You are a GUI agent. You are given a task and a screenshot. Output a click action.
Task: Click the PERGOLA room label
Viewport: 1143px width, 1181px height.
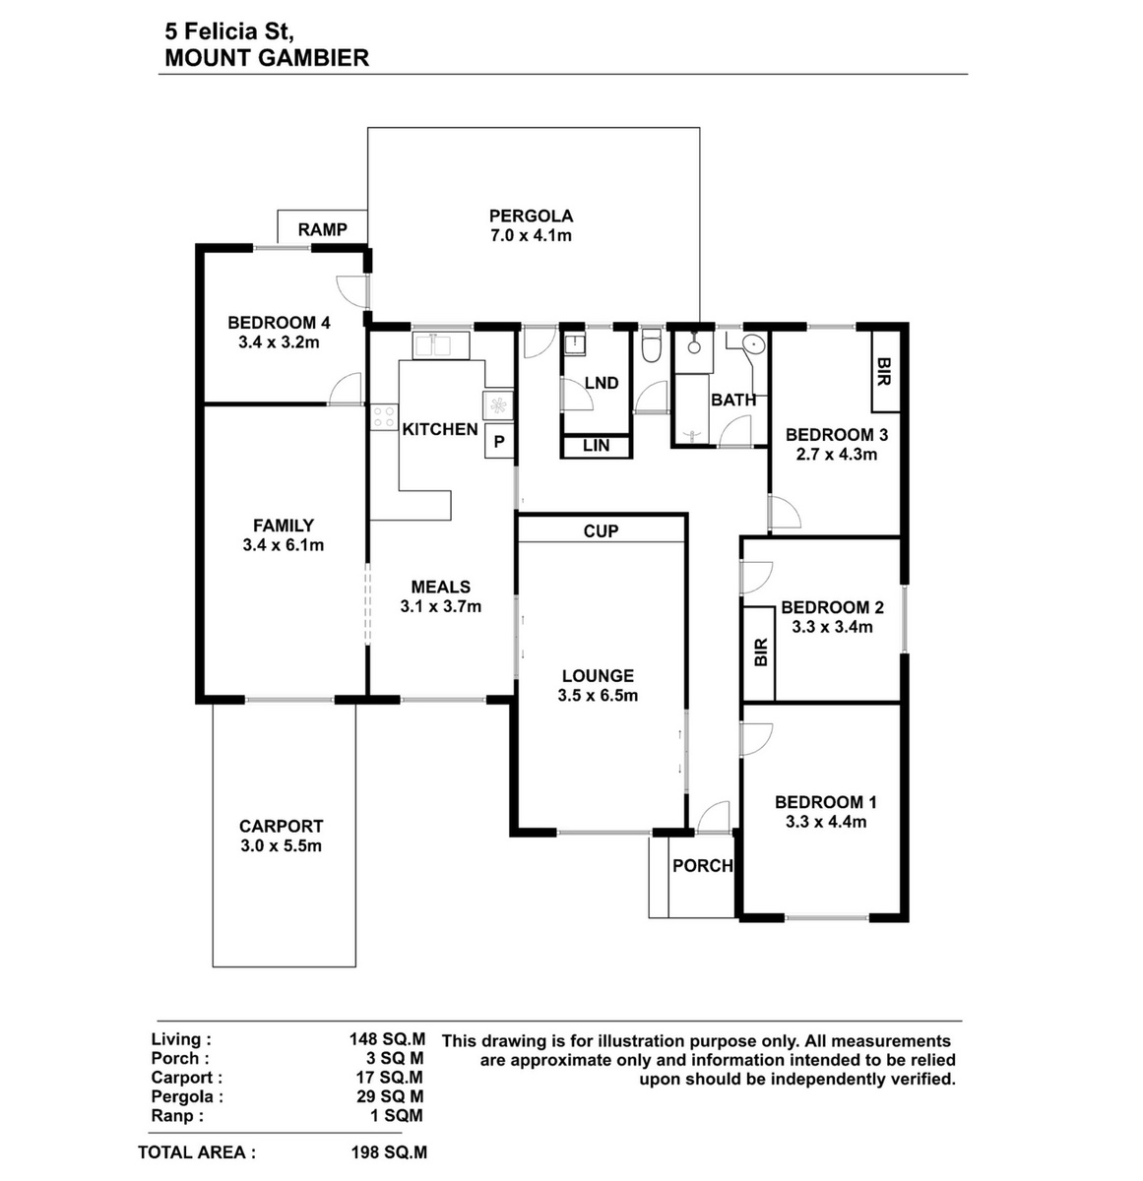(x=531, y=216)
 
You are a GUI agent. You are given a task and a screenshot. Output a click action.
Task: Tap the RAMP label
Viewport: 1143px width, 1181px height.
(x=322, y=229)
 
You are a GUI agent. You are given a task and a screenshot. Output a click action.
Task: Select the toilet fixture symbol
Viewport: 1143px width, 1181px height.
(x=650, y=345)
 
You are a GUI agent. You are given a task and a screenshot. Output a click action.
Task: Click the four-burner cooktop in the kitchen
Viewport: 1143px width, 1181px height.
(x=384, y=417)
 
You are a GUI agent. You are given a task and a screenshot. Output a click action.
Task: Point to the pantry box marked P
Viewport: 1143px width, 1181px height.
(x=499, y=442)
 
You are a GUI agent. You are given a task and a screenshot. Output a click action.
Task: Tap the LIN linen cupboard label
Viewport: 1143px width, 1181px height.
(x=596, y=446)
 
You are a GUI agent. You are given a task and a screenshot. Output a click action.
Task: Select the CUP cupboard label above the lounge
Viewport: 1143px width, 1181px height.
(x=601, y=531)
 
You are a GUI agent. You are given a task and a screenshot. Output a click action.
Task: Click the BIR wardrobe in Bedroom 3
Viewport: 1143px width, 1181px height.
(x=884, y=371)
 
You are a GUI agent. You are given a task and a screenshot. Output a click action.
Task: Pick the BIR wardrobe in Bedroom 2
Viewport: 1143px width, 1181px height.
(x=759, y=653)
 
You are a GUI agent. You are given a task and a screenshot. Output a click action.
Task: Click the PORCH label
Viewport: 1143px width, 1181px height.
(x=702, y=865)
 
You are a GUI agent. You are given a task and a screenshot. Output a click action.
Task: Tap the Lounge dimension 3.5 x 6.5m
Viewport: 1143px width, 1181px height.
(x=598, y=695)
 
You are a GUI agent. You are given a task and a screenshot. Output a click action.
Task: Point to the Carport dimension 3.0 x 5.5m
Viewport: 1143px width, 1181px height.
(x=281, y=845)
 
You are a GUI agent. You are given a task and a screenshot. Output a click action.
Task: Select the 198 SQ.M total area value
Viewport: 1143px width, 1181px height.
(x=389, y=1151)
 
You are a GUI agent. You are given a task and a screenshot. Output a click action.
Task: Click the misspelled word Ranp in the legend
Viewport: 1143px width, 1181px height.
(x=177, y=1115)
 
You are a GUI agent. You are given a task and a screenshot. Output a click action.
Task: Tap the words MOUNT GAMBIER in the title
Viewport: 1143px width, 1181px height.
(x=267, y=58)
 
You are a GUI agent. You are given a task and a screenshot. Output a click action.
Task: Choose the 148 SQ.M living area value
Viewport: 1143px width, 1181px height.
(x=387, y=1039)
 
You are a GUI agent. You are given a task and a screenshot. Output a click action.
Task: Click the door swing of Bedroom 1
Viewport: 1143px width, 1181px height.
(x=757, y=739)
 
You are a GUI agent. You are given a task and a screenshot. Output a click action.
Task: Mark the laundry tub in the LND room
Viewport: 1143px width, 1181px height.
(x=574, y=345)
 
